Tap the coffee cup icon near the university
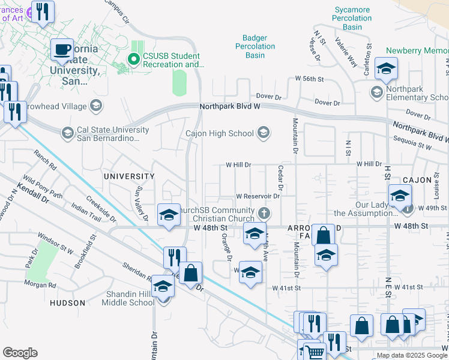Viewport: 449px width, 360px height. pyautogui.click(x=61, y=50)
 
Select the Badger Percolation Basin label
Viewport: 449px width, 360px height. pyautogui.click(x=259, y=47)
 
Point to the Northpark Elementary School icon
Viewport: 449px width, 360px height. pyautogui.click(x=376, y=92)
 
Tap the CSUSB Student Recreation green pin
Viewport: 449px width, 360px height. pyautogui.click(x=134, y=59)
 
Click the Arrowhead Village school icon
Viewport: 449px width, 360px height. pyautogui.click(x=95, y=106)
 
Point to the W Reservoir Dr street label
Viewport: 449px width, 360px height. pyautogui.click(x=259, y=196)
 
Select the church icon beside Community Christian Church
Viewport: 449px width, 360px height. pyautogui.click(x=263, y=213)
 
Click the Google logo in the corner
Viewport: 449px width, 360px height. pyautogui.click(x=20, y=353)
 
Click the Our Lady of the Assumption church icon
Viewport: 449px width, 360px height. pyautogui.click(x=408, y=209)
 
